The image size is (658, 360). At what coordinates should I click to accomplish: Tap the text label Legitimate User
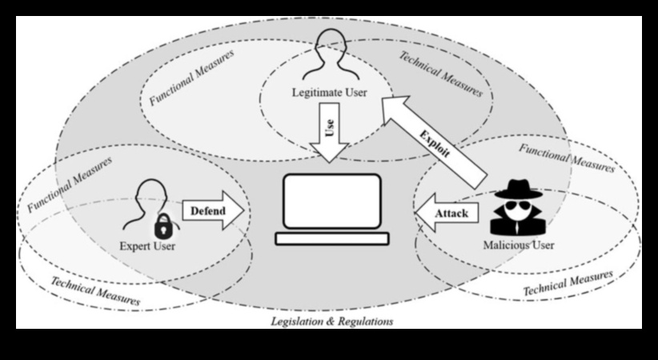pos(329,93)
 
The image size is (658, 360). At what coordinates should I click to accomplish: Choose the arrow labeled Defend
pos(213,213)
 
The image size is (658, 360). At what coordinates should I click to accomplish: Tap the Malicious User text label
pos(519,244)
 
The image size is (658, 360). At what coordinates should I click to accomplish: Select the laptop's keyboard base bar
pos(331,238)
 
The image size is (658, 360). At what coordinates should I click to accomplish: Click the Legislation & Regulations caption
pos(331,322)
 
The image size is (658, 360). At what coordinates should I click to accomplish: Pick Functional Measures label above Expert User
pos(70,182)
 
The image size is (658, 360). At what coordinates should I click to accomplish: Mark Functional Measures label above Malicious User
pos(567,158)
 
